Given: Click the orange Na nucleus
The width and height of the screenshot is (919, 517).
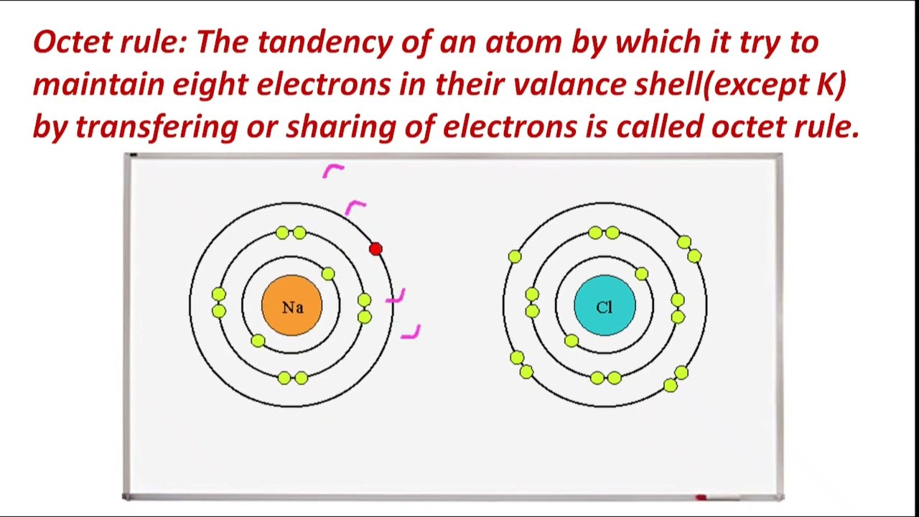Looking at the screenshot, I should click(x=291, y=307).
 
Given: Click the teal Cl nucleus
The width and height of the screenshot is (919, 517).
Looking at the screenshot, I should click(x=605, y=307).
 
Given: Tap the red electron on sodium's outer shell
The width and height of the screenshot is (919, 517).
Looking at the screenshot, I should click(x=375, y=248).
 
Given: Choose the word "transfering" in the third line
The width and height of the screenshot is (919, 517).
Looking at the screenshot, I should click(x=157, y=127).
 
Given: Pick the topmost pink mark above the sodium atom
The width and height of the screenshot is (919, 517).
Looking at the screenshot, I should click(x=333, y=170).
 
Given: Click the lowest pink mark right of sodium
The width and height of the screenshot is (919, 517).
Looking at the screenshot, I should click(x=411, y=332).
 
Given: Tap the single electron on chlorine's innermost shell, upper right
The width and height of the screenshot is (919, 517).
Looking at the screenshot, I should click(x=641, y=274).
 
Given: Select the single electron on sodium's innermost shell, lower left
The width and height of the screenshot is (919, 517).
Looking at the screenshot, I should click(x=258, y=341).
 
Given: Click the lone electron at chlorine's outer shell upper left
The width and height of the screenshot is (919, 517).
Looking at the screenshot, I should click(x=515, y=256).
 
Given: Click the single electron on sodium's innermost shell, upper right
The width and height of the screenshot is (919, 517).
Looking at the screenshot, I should click(x=328, y=274).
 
